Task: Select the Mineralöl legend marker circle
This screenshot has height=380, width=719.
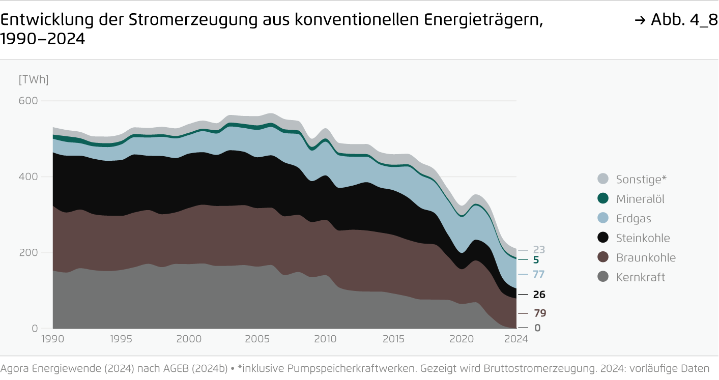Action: click(603, 199)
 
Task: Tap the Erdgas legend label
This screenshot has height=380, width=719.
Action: click(634, 219)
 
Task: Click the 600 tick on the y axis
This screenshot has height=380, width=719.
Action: click(28, 101)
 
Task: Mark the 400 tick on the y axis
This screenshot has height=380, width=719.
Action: click(28, 177)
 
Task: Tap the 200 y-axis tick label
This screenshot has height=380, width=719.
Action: click(28, 253)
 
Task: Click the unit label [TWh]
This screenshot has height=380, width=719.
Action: click(33, 80)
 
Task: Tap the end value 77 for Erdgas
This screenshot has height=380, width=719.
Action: click(539, 274)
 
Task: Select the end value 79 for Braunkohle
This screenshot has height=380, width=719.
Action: click(540, 313)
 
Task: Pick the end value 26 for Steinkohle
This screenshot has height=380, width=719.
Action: click(539, 295)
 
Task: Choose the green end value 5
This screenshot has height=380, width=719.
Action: click(536, 260)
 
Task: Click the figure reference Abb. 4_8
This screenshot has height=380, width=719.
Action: click(677, 20)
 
